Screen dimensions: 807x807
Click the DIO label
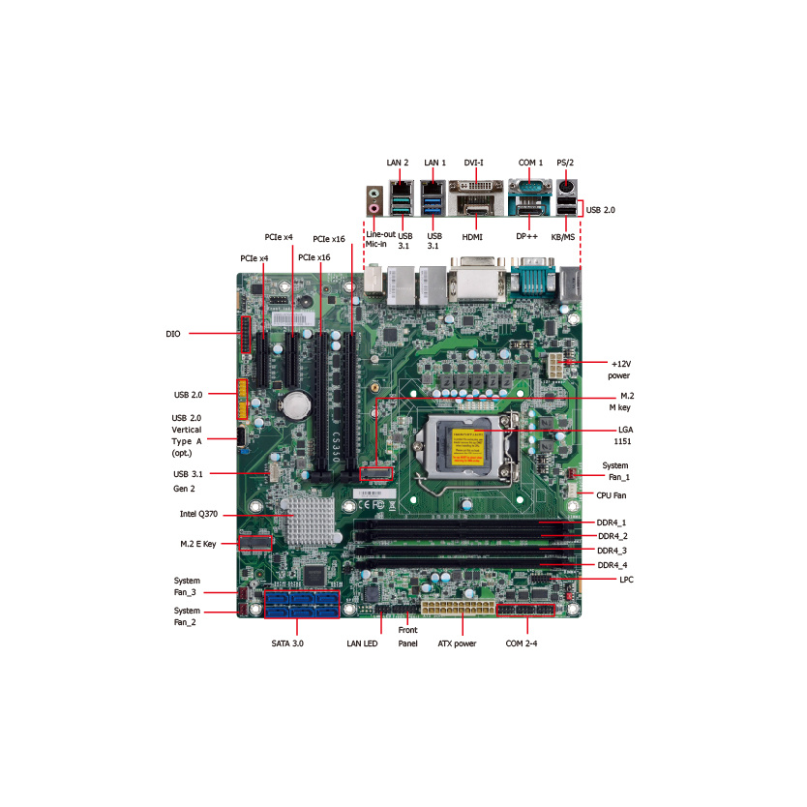(173, 334)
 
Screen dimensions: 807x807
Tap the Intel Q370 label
(198, 514)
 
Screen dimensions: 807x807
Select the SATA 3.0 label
(287, 643)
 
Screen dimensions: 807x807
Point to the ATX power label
(457, 643)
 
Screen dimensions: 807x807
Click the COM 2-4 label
(522, 643)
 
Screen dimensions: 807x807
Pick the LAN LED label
(362, 643)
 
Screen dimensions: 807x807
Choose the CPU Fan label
(612, 495)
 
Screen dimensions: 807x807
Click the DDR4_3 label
(612, 551)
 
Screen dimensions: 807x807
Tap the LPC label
(626, 580)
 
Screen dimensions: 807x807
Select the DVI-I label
(473, 163)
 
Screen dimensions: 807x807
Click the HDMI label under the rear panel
(472, 237)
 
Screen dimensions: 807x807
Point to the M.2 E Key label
(198, 544)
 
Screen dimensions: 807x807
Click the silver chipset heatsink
(311, 521)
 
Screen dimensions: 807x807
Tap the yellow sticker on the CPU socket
(467, 447)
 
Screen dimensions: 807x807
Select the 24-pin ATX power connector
(458, 608)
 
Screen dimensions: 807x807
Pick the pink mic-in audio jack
(374, 208)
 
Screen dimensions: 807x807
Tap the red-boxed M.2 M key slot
(376, 473)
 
